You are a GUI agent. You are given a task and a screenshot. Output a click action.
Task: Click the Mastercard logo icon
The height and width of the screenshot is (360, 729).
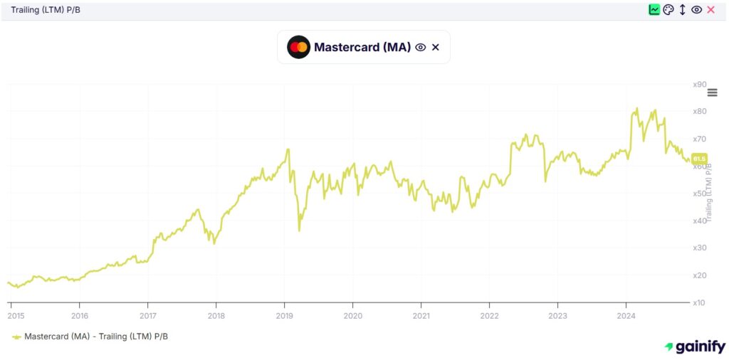[x=298, y=47]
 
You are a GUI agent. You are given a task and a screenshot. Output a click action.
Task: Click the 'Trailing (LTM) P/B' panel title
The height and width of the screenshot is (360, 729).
[x=45, y=10]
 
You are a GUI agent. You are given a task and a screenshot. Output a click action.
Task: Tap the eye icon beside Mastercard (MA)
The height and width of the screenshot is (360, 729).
[x=421, y=48]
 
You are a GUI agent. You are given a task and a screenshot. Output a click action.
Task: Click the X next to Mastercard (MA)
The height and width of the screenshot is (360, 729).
[x=436, y=48]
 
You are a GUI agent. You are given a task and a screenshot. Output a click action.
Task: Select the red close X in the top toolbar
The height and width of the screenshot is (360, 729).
[x=710, y=10]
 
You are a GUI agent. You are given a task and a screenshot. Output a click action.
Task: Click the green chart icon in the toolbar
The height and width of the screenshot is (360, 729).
[x=654, y=10]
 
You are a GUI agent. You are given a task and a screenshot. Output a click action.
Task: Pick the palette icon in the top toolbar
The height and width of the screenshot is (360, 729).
[x=668, y=10]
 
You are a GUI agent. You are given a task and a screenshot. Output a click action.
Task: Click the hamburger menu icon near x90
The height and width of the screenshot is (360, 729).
[x=712, y=92]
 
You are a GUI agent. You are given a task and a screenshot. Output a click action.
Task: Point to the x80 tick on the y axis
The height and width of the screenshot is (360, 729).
[x=699, y=112]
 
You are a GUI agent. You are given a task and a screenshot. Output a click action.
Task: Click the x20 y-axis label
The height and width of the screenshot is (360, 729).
[x=699, y=275]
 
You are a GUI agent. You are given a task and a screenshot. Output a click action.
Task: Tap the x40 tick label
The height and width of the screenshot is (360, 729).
[x=699, y=221]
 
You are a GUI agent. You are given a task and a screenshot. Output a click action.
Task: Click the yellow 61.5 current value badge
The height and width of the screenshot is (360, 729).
[x=699, y=159]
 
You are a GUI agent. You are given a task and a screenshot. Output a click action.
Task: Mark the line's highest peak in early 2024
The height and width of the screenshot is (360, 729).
[x=636, y=109]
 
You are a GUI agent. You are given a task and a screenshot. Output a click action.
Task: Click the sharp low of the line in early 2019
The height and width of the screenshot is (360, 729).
[x=299, y=230]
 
